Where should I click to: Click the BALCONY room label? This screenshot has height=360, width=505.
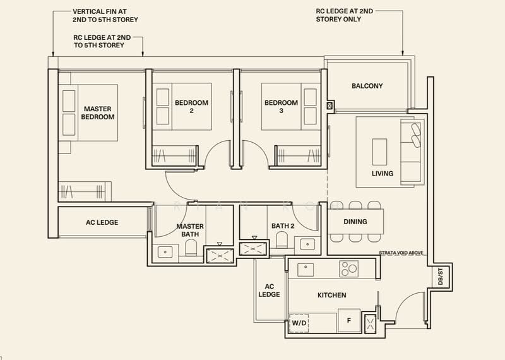367,86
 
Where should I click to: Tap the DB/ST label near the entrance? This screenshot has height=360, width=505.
440,276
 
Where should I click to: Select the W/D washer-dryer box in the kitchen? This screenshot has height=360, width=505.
299,323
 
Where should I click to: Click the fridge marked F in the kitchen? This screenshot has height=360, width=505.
349,320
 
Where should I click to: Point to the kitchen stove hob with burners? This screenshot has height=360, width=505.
349,268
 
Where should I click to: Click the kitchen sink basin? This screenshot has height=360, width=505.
306,270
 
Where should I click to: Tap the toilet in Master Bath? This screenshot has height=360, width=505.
191,247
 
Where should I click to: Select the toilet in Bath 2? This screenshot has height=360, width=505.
282,240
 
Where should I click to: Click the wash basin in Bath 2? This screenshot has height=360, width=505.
307,244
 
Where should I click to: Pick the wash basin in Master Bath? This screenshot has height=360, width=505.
165,252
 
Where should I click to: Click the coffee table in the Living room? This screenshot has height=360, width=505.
380,152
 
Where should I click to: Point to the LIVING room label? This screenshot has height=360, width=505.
383,174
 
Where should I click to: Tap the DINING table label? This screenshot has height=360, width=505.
355,222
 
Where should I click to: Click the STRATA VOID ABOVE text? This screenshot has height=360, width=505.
401,253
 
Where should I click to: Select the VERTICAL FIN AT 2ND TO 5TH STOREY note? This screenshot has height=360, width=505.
105,15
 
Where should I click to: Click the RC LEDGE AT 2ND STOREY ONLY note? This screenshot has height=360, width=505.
344,15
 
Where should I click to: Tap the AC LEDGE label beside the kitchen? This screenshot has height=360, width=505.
270,291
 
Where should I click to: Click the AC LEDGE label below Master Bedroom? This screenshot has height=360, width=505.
102,222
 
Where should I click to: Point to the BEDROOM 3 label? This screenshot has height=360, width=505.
281,107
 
